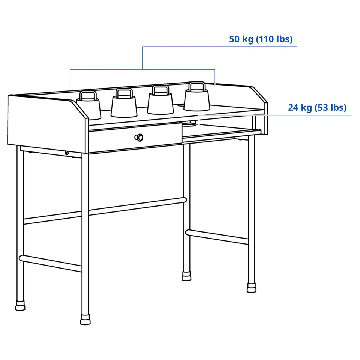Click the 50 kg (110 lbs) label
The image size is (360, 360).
261,39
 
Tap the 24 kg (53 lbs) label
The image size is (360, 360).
317,108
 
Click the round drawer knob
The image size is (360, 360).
139,138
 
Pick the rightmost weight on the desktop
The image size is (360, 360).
197,97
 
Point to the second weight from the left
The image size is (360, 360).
124,103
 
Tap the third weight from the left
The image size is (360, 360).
160,100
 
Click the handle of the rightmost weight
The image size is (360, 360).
197,86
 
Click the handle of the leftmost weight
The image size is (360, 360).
88,95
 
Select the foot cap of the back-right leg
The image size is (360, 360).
186,276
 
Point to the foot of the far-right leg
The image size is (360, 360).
252,288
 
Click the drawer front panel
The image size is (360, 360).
135,137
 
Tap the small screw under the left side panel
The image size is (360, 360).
67,153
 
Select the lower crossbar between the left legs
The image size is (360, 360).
51,263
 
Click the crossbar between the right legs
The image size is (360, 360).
217,237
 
